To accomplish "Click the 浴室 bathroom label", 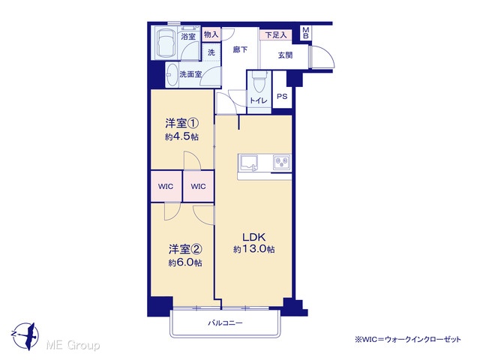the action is point(188,37).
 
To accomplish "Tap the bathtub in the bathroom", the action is point(165,43).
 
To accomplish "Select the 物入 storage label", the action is point(211,34).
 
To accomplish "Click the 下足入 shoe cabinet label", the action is point(276,35).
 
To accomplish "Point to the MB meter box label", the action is point(305,33).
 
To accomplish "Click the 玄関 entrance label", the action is point(285,55).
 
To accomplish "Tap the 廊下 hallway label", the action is point(240,49).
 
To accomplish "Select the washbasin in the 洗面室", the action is point(172,75).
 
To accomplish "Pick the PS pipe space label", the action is point(282,97).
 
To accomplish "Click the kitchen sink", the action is point(248,162).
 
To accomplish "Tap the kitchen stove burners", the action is point(282,162).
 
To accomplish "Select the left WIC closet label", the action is point(166,187).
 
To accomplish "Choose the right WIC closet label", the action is point(198,187).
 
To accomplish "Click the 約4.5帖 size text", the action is point(181,136).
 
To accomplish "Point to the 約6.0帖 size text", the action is point(185,262).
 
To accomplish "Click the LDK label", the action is point(253,237).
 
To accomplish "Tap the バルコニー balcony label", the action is point(225,322).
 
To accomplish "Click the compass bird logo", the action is point(25,335).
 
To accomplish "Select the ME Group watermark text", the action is point(73,346).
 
